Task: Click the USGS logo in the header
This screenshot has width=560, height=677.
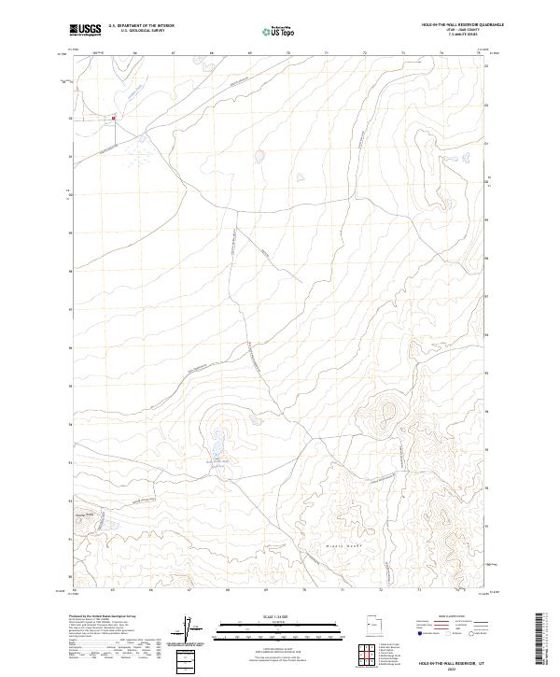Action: (x=85, y=31)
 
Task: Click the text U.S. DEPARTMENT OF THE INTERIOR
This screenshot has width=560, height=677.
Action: (x=141, y=27)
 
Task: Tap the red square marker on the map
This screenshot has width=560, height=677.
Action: (x=113, y=119)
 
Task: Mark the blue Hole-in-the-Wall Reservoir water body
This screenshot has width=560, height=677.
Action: (x=218, y=436)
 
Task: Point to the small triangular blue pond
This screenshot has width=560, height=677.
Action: (x=300, y=177)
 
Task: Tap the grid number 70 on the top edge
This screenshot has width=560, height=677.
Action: (x=288, y=54)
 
